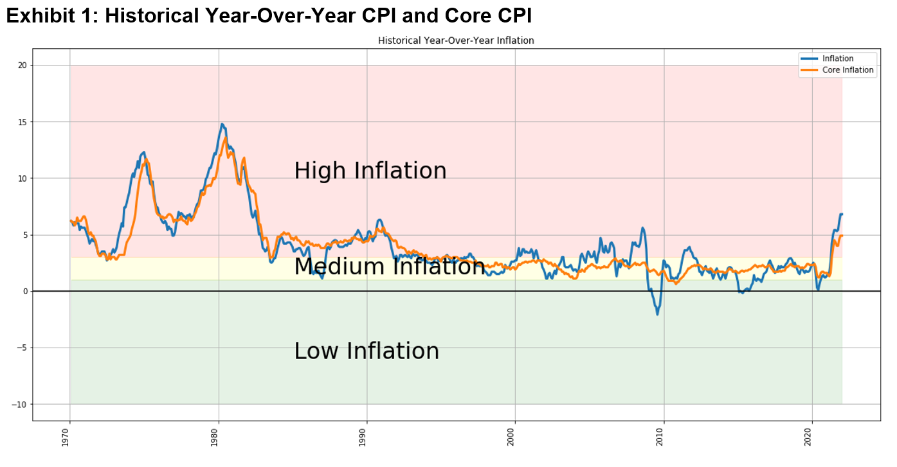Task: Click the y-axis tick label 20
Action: point(22,66)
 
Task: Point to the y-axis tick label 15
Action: point(22,122)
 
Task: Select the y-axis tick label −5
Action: point(21,348)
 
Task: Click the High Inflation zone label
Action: point(370,171)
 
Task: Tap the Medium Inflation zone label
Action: point(389,267)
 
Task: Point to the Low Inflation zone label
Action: point(367,351)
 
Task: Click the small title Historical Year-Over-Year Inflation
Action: point(456,40)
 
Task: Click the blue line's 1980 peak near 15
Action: point(222,124)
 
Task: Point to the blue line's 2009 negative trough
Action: point(657,313)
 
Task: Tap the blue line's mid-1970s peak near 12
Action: point(143,152)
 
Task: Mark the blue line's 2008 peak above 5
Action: point(642,228)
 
